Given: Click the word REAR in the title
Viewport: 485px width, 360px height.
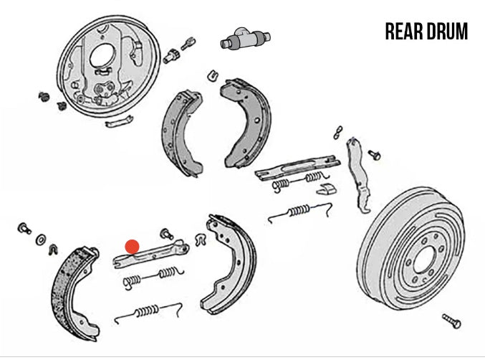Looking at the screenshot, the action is [403, 32].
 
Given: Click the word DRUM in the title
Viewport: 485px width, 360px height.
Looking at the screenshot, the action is [447, 32].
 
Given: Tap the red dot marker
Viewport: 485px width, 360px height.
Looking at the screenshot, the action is [132, 247].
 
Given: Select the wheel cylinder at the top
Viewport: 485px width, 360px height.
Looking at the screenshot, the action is [245, 39].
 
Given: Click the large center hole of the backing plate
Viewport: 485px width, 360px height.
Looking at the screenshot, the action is [102, 56].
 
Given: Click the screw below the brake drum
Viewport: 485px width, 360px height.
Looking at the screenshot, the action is [451, 321].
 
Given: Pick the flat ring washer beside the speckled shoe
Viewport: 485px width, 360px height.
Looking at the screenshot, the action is [41, 240].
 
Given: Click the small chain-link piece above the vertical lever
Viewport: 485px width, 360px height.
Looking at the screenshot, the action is [337, 133].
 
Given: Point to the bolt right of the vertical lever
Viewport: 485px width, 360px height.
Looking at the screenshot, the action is [374, 154].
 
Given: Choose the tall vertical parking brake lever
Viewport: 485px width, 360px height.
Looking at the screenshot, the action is [357, 175].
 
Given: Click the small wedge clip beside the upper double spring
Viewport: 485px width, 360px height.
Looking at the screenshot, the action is [327, 189].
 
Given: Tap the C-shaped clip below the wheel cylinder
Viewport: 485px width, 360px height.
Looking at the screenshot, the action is [213, 75].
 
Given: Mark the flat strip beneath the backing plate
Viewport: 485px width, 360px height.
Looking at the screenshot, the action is [119, 121].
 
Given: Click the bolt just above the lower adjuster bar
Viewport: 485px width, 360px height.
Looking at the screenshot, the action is [167, 234].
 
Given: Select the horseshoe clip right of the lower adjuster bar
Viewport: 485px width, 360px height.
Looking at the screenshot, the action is [201, 240].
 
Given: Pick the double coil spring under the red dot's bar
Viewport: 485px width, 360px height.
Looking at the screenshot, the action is [153, 276].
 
